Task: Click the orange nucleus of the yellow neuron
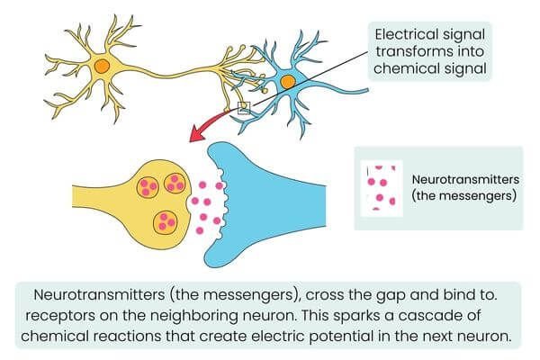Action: point(103,65)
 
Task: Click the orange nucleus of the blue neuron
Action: point(287,83)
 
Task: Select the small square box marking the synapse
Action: point(243,108)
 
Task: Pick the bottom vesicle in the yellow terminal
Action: point(166,220)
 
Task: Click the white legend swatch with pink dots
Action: point(382,188)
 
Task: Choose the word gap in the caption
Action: point(341,294)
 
